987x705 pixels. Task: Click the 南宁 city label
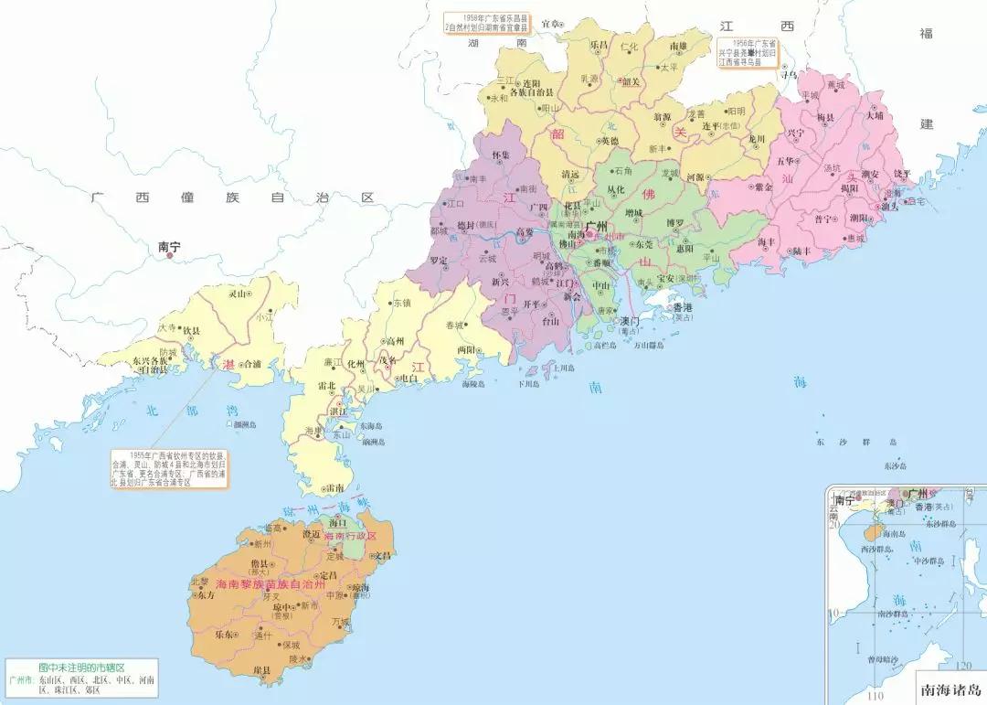[170, 245]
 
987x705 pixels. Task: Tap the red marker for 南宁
[170, 256]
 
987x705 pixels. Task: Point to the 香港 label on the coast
[683, 308]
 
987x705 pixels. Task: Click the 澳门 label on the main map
[629, 322]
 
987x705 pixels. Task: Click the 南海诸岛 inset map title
[950, 691]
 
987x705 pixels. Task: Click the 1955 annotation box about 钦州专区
[169, 467]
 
